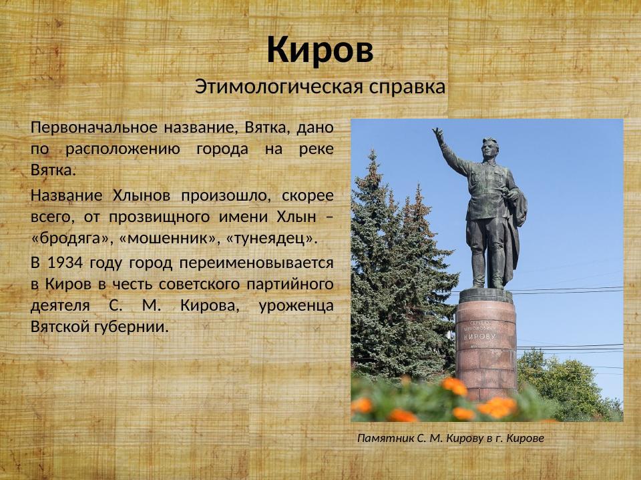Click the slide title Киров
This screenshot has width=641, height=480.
[x=320, y=50]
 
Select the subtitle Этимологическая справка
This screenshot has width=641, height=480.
[x=320, y=87]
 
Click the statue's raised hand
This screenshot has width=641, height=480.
[x=438, y=135]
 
